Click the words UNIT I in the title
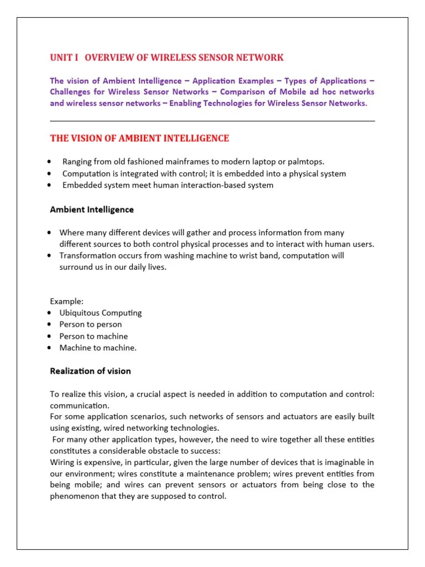(65, 58)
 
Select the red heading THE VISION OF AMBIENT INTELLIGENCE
(139, 138)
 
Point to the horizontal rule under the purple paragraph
(212, 121)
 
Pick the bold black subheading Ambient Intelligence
(92, 210)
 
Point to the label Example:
(66, 301)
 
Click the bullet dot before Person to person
(50, 324)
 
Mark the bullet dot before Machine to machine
(50, 348)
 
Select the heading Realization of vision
(90, 371)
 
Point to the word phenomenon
(76, 496)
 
